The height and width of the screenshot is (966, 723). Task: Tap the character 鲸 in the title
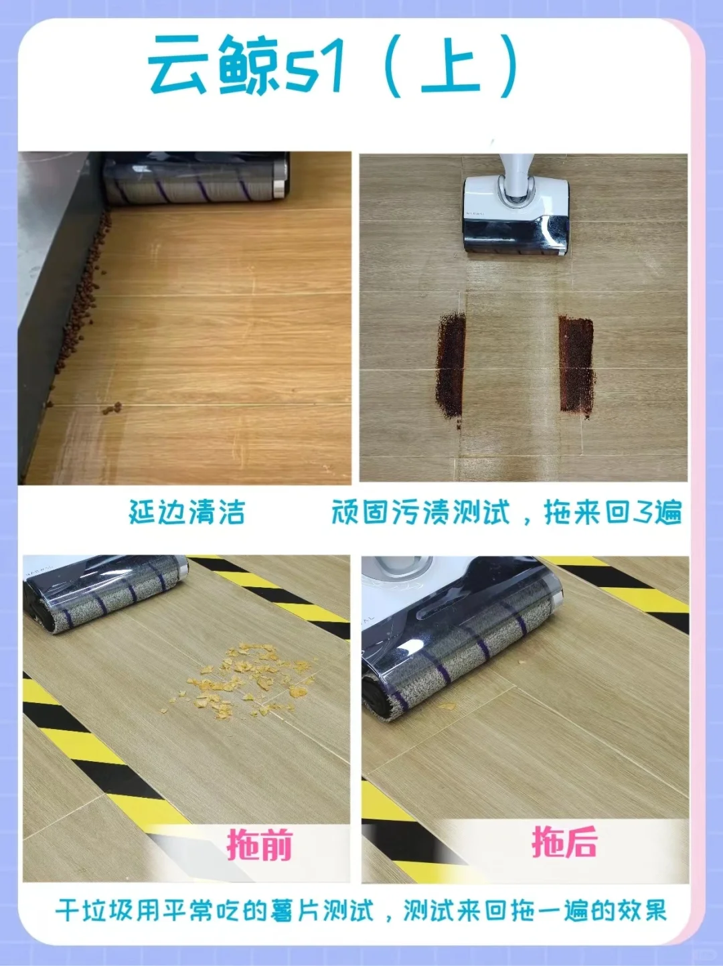[x=250, y=65]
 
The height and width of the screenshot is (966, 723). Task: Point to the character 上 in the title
[x=451, y=64]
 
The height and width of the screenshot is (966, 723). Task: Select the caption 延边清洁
[x=187, y=512]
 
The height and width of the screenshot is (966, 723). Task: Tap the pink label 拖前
[x=259, y=845]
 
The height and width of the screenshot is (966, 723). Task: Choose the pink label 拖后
[x=564, y=841]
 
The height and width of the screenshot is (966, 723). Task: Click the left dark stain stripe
[x=450, y=365]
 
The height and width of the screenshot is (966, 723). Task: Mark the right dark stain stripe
[x=577, y=364]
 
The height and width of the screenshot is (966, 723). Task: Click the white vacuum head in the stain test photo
[x=515, y=216]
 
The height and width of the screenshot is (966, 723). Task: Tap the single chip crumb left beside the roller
[x=447, y=706]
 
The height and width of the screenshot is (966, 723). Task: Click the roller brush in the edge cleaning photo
[x=196, y=181]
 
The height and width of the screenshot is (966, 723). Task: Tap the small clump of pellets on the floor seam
[x=112, y=408]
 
